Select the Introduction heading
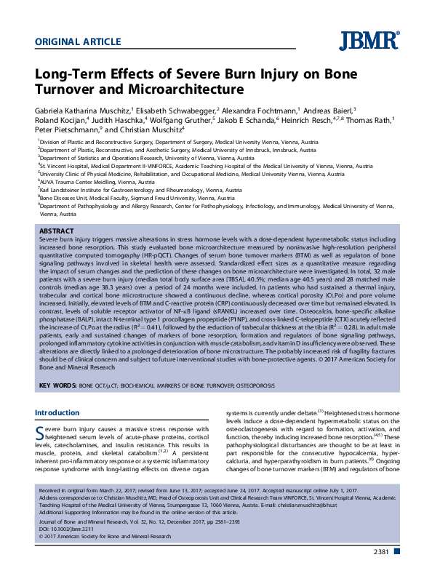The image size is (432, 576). point(57,413)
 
